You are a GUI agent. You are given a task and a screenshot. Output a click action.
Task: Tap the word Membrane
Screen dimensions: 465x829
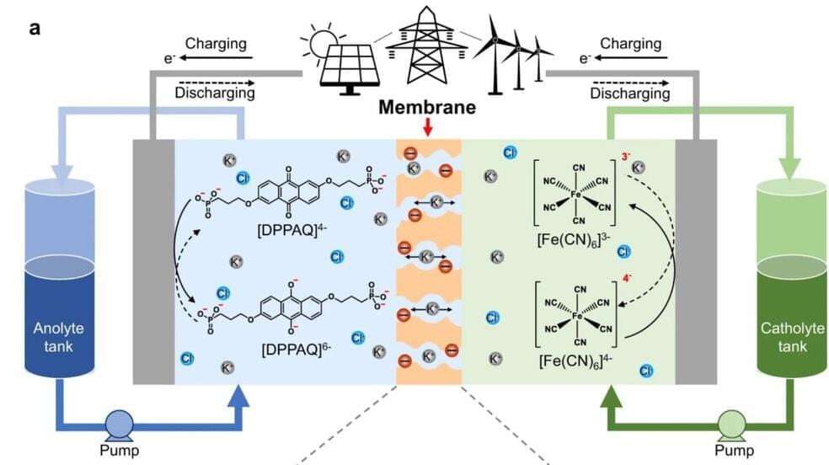(429, 107)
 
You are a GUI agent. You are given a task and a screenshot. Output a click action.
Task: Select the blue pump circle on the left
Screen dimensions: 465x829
(119, 423)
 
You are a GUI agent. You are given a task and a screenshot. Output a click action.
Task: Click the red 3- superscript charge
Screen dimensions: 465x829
(623, 157)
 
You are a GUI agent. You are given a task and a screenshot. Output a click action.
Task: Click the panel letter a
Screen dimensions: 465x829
(35, 28)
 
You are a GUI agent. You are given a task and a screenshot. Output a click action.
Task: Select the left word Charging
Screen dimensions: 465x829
(215, 43)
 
